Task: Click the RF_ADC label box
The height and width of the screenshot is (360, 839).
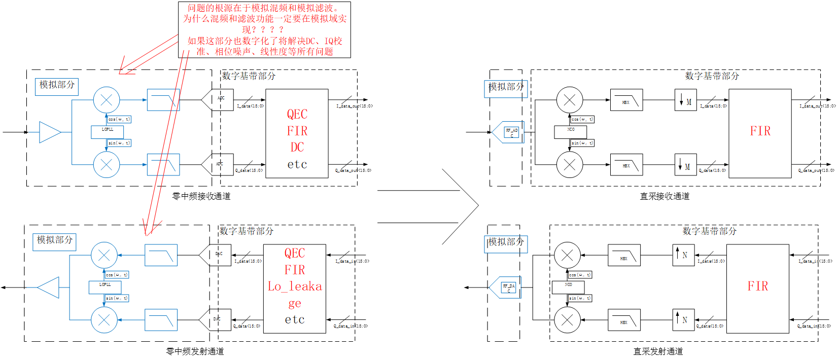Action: coord(511,132)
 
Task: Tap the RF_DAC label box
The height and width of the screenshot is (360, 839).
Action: coord(509,287)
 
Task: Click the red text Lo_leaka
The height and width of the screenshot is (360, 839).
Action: coord(295,286)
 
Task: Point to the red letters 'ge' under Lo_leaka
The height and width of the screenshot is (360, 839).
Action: coord(295,303)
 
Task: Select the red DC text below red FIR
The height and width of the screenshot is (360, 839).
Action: coord(297,148)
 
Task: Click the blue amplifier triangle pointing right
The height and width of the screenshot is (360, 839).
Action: coord(50,132)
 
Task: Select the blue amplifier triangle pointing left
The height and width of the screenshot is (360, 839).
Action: coord(49,287)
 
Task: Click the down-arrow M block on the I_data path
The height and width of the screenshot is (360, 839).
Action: coord(685,100)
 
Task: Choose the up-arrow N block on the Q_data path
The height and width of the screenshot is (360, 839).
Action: coord(683,320)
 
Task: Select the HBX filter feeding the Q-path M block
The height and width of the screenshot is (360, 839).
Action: coord(626,165)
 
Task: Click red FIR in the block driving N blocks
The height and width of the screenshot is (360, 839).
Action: coord(758,286)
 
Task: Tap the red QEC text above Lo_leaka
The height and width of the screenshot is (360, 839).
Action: coord(295,253)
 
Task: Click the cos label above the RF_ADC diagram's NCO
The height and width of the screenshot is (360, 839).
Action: coord(582,119)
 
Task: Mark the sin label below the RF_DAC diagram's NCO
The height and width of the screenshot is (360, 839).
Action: coord(580,298)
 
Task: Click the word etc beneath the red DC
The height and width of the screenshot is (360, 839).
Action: coord(297,164)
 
